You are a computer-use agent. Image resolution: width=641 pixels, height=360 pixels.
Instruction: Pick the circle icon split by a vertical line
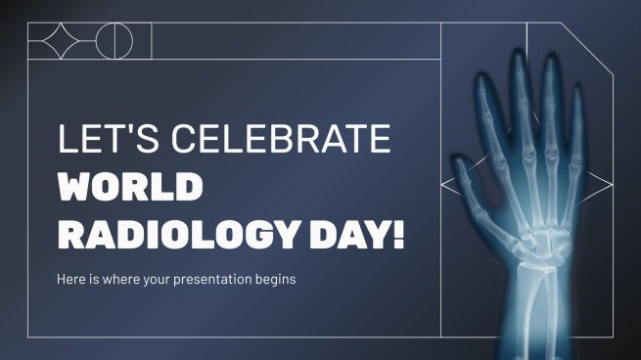point(118,42)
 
